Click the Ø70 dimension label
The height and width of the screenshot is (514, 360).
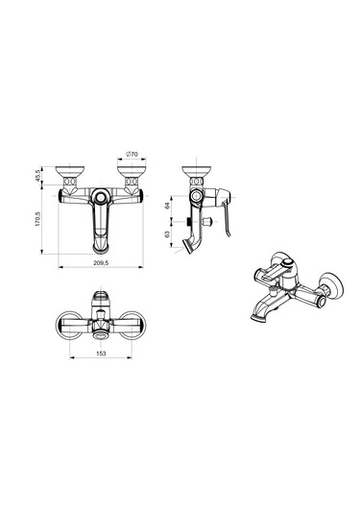[132, 154]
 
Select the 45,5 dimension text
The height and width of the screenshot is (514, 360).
[37, 176]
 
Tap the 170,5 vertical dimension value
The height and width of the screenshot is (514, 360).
[37, 219]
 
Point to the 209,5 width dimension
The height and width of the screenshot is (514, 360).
[101, 262]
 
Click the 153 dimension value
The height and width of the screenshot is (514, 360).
[101, 353]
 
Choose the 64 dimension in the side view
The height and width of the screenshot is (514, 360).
[167, 206]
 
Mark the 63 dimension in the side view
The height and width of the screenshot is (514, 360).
[167, 234]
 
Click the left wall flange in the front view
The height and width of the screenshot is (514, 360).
[70, 172]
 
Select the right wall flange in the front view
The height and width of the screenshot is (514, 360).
[132, 172]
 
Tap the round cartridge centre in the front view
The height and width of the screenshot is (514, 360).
[101, 197]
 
